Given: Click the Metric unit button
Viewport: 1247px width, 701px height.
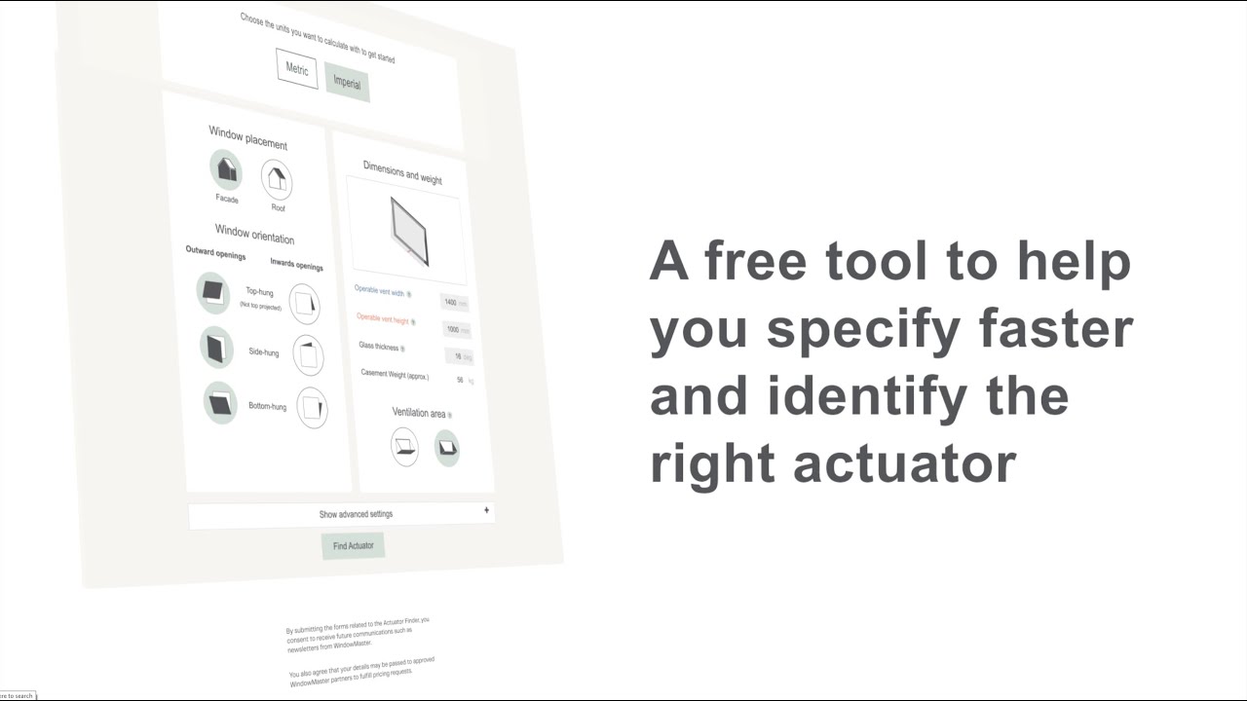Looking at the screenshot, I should [296, 69].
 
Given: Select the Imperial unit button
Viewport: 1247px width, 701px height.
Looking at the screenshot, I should [347, 83].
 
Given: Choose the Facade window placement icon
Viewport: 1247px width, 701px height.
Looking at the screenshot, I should [226, 169].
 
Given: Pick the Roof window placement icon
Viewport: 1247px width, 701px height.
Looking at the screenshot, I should [277, 179].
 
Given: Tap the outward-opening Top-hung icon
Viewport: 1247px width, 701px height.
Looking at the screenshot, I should [212, 291].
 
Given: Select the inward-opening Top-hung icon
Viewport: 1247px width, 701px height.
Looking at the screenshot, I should [305, 304].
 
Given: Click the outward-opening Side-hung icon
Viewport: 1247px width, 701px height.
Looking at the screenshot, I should [216, 347].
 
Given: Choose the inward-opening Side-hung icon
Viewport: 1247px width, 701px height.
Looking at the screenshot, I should [309, 355].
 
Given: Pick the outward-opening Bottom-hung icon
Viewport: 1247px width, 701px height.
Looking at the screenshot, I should [220, 402].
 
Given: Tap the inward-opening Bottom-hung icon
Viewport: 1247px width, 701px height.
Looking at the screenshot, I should [312, 408].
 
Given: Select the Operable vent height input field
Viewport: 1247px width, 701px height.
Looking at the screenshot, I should [453, 330].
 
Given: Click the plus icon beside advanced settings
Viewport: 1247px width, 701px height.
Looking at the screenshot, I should [486, 510].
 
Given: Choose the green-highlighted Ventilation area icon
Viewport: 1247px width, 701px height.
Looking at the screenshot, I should [446, 448].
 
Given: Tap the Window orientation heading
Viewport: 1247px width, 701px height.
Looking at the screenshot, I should [254, 234].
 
